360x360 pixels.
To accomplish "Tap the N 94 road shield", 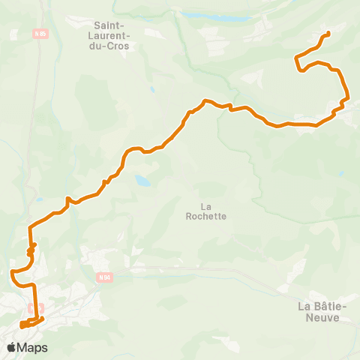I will click(104, 277).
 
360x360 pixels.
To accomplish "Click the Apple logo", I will click(12, 347).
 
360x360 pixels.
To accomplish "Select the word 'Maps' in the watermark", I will click(32, 347).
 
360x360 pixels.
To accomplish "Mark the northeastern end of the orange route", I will click(328, 34).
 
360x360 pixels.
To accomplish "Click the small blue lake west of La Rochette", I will click(142, 181).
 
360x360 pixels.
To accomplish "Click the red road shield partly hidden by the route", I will click(34, 308).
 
